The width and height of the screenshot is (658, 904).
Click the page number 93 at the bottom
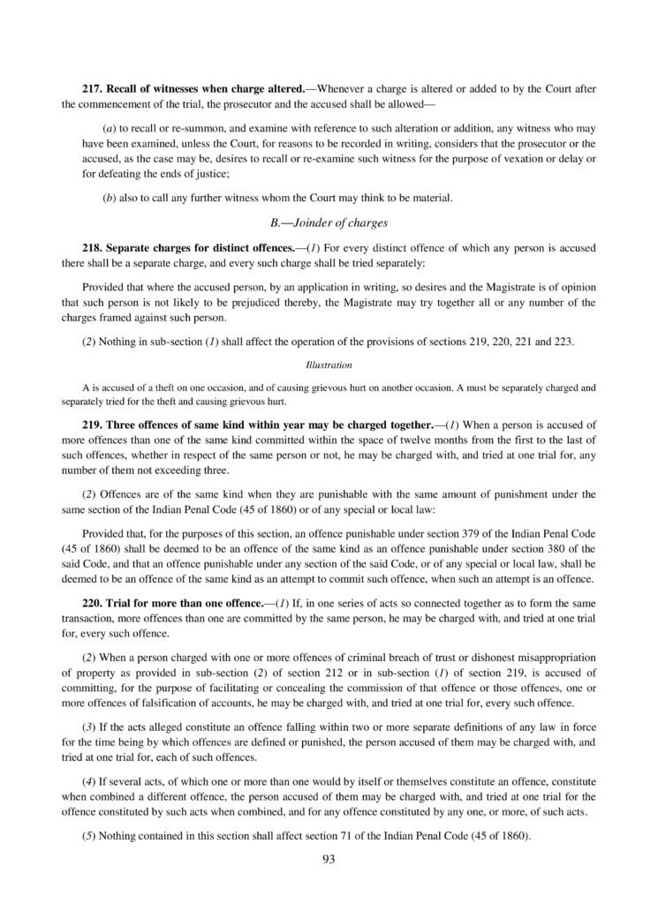(x=329, y=856)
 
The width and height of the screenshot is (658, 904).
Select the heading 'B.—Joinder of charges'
(x=329, y=223)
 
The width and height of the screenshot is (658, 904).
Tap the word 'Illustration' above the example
(x=329, y=364)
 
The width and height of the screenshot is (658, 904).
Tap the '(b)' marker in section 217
(x=110, y=199)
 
